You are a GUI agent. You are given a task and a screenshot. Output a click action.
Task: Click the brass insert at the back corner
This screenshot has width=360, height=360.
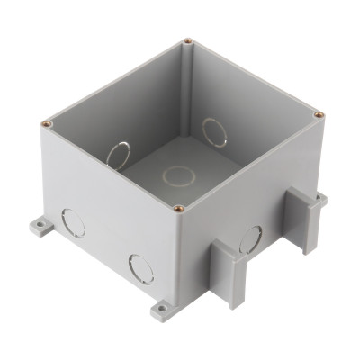[x=186, y=41]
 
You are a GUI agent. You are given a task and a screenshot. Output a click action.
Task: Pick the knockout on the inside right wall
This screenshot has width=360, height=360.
[x=215, y=131]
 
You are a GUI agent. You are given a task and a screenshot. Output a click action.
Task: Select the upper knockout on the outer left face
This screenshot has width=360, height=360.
[x=72, y=221]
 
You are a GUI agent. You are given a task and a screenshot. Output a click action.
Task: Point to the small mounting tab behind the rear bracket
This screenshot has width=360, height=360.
[x=319, y=194]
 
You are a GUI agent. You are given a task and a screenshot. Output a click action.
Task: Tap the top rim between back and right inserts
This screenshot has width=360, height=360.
[x=254, y=77]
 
